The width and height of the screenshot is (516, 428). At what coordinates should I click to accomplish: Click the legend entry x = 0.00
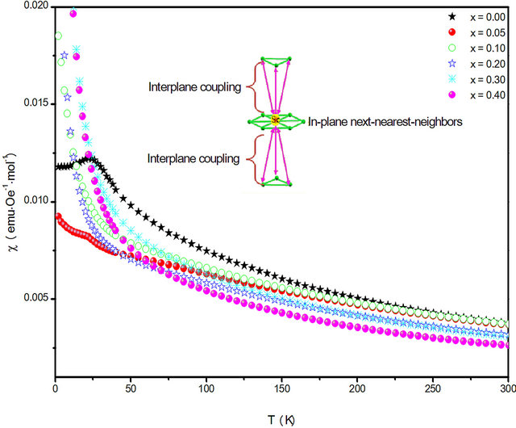click(476, 17)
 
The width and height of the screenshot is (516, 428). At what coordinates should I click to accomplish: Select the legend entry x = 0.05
click(476, 32)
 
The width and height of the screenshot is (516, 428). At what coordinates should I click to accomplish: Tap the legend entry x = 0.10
click(476, 48)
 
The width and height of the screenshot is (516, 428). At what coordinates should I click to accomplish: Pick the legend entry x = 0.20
click(476, 64)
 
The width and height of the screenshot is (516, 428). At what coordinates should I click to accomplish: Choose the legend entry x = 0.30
click(476, 79)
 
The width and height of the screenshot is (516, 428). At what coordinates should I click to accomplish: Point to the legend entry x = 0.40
click(476, 95)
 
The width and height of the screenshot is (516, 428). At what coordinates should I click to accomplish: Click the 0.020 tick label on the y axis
click(36, 6)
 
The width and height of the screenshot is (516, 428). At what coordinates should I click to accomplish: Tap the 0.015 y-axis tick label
click(36, 103)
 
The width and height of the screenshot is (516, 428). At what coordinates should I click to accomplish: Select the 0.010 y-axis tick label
click(36, 200)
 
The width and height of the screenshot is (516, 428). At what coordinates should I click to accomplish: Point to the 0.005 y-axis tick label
click(36, 297)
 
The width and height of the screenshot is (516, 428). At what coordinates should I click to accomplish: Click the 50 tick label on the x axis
click(131, 388)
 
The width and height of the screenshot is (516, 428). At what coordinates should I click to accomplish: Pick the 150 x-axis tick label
click(281, 388)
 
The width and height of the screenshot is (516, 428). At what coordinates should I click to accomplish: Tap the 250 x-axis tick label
click(433, 388)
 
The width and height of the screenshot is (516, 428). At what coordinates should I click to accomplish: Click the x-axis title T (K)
click(281, 420)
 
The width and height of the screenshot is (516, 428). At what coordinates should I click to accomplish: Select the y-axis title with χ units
click(13, 202)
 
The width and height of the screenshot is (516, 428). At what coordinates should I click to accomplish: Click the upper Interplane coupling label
click(195, 87)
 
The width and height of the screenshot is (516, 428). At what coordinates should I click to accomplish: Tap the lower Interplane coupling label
click(193, 158)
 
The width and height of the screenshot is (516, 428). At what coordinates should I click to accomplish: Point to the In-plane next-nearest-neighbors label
click(385, 122)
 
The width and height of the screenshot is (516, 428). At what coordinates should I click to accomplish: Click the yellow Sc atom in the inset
click(275, 120)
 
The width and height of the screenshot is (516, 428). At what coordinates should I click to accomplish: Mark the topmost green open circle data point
click(58, 36)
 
